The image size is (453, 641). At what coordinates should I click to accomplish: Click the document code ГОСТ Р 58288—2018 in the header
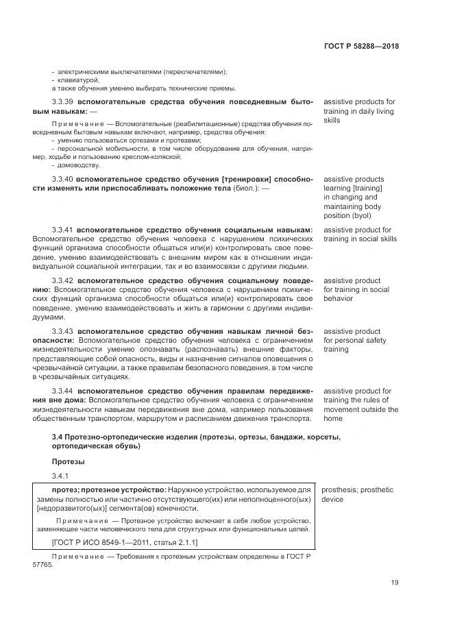click(x=360, y=47)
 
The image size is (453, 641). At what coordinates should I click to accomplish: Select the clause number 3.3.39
click(x=62, y=102)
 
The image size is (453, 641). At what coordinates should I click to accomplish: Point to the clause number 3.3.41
click(x=62, y=230)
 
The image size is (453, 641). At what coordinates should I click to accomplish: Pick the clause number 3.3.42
click(x=62, y=281)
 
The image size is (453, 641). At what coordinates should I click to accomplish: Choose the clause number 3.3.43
click(x=62, y=332)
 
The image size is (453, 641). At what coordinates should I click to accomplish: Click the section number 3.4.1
click(x=60, y=476)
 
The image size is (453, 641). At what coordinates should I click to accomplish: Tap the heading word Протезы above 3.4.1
click(x=66, y=461)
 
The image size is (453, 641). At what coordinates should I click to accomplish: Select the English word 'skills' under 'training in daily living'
click(x=333, y=120)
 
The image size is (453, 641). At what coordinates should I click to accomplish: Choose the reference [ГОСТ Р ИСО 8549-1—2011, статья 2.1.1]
click(x=114, y=542)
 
